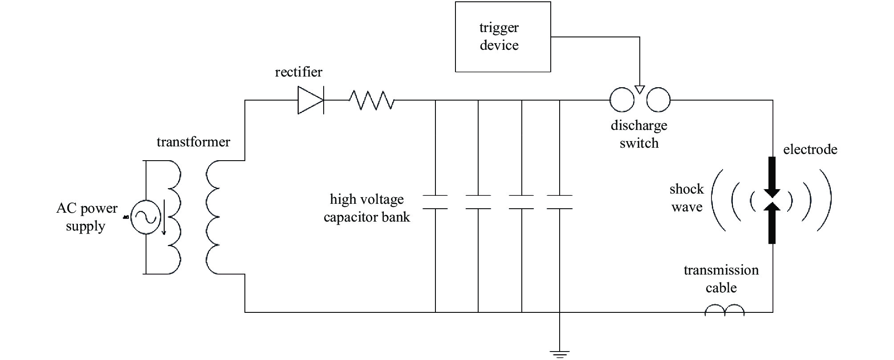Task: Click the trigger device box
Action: point(503,37)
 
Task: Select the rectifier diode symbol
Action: point(311,101)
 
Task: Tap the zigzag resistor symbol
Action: point(372,101)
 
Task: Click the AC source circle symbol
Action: point(146,217)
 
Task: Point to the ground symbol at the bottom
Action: point(560,354)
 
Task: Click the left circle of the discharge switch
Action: point(622,100)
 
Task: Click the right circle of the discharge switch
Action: point(658,100)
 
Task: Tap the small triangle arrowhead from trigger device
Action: point(640,89)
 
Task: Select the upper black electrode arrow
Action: point(772,178)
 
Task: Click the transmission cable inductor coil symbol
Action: point(724,310)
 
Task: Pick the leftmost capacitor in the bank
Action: point(435,202)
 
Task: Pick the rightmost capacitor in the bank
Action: point(560,202)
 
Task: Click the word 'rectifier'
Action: point(298,72)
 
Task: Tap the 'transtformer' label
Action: point(193,142)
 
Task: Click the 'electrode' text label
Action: point(810,150)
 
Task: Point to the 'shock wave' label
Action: point(687,198)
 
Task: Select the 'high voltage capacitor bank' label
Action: point(367,208)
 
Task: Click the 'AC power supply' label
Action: point(87,217)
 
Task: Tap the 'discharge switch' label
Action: point(639,134)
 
